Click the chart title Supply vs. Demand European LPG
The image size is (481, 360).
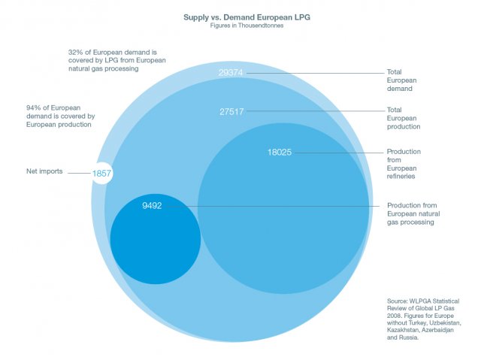point(240,16)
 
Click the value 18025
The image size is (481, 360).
point(280,152)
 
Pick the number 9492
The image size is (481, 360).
point(153,205)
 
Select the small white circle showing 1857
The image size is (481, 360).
point(102,174)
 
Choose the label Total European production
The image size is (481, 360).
point(404,119)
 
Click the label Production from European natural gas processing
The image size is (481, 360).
point(412,213)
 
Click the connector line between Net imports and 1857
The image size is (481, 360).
point(78,174)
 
